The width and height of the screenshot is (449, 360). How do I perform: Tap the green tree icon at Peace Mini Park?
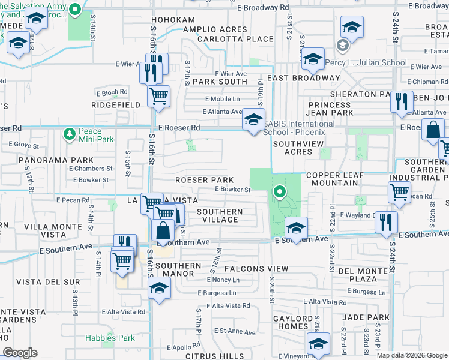click(70, 132)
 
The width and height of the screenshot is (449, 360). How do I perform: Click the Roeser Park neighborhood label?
click(204, 180)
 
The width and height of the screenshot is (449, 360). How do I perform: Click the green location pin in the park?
click(279, 192)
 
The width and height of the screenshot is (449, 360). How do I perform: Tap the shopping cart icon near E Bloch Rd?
click(158, 95)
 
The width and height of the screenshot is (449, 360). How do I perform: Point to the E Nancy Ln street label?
click(223, 280)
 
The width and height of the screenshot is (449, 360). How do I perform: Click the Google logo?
click(20, 353)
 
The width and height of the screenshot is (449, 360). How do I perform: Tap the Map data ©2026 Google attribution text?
click(411, 355)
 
